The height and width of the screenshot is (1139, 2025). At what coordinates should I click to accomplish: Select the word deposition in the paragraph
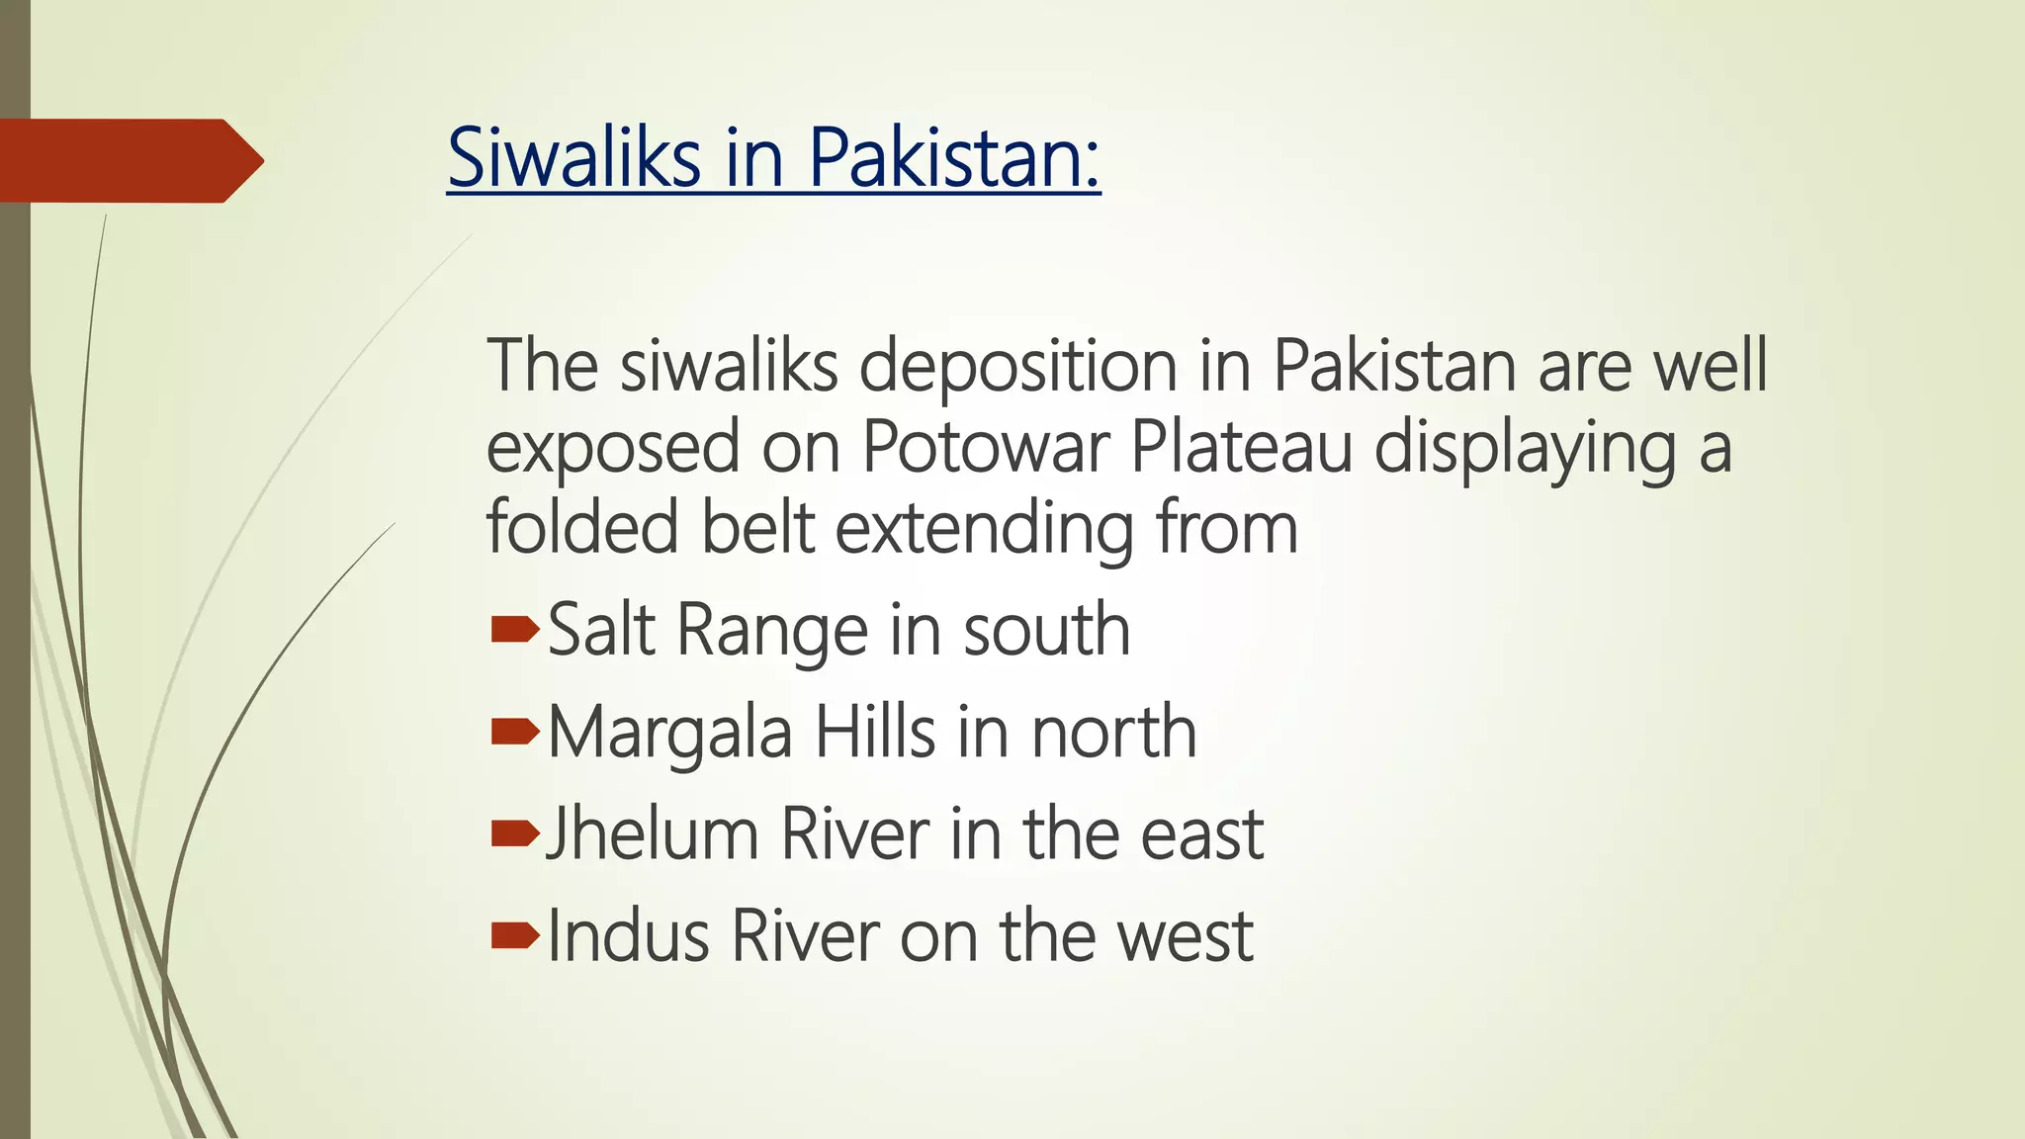tap(1017, 367)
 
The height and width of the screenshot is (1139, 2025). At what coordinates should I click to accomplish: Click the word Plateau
tap(1240, 448)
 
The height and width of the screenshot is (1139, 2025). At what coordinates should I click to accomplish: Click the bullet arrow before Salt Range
tap(514, 629)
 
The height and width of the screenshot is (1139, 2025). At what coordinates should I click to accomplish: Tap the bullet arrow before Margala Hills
tap(514, 732)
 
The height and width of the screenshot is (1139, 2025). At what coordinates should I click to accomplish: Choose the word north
tap(1113, 733)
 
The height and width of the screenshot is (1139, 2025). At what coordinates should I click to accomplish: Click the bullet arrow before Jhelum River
tap(514, 834)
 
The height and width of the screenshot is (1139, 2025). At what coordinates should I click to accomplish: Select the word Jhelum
tap(652, 834)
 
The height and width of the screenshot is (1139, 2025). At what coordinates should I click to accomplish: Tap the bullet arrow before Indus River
tap(514, 935)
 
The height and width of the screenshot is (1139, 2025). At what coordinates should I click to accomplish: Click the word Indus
tap(628, 935)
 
